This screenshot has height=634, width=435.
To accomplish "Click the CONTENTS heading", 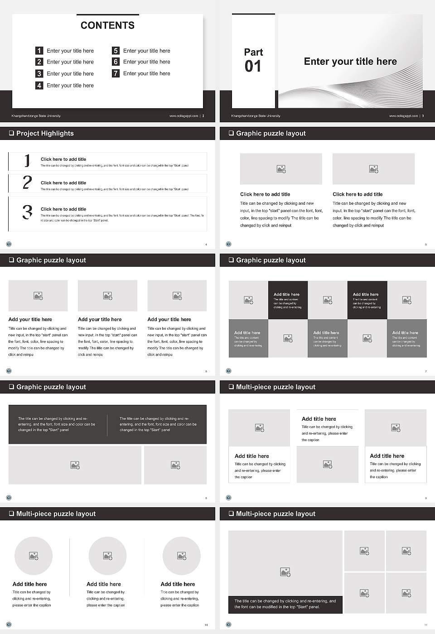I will (x=107, y=25).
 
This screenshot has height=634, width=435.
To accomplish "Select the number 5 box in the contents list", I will (x=116, y=51).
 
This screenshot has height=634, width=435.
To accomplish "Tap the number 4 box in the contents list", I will (x=39, y=85).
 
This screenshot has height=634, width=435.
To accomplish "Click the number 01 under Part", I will (x=253, y=67).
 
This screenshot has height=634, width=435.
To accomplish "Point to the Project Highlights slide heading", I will (x=45, y=133).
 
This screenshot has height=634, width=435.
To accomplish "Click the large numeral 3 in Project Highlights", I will (x=27, y=212).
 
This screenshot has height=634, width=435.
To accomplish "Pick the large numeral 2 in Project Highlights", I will (x=27, y=183).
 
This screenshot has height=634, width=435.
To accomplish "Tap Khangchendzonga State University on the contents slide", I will (x=36, y=116).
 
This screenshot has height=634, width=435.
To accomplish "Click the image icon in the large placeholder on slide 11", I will (x=285, y=572).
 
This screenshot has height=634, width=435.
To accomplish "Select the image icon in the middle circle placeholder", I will (x=107, y=556).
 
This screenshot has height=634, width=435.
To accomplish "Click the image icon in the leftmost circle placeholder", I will (x=34, y=556).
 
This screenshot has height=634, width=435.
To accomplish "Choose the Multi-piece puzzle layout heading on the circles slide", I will (x=56, y=514).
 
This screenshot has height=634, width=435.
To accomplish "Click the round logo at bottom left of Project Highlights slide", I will (x=9, y=244).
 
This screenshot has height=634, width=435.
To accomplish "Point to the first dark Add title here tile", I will (x=288, y=300).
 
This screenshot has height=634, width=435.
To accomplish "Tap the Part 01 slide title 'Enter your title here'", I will (x=350, y=62).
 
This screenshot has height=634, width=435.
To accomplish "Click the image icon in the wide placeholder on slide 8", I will (x=75, y=465).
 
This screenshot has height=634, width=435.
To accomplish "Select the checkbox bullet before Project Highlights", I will (x=11, y=133).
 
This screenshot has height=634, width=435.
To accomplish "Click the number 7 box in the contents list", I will (x=116, y=73).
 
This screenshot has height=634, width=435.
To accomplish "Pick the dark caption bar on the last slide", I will (x=285, y=604).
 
